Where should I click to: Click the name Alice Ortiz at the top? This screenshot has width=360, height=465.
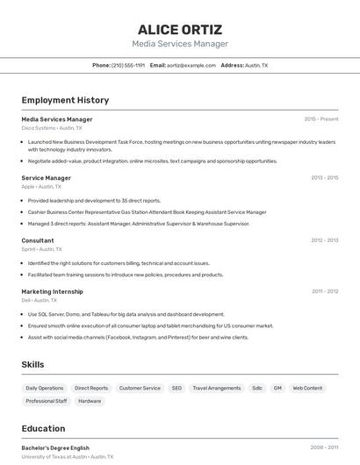(x=180, y=29)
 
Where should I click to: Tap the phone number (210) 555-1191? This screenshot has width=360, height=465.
(x=128, y=65)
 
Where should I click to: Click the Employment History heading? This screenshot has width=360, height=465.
(x=65, y=100)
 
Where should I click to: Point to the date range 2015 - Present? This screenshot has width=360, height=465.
(x=321, y=118)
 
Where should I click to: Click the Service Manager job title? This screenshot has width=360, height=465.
(x=47, y=177)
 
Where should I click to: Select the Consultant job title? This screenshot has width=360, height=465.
(x=38, y=240)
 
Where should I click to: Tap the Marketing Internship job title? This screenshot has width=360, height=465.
(x=53, y=291)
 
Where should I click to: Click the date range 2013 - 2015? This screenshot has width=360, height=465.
(x=324, y=177)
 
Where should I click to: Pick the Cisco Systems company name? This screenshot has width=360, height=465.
(x=39, y=127)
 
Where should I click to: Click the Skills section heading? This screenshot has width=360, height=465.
(x=32, y=364)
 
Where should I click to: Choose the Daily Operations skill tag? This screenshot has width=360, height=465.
(x=45, y=388)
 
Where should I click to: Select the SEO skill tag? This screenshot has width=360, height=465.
(x=176, y=388)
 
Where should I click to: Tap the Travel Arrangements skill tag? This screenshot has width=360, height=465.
(x=217, y=388)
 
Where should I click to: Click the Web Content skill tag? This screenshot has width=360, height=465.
(x=307, y=388)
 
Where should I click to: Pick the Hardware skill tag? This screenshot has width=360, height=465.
(x=90, y=401)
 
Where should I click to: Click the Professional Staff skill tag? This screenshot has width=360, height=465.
(x=47, y=401)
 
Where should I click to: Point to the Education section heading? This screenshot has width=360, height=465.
(x=43, y=428)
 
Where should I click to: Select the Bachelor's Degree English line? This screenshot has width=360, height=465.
(x=55, y=447)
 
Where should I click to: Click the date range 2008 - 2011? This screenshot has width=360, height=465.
(x=324, y=447)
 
